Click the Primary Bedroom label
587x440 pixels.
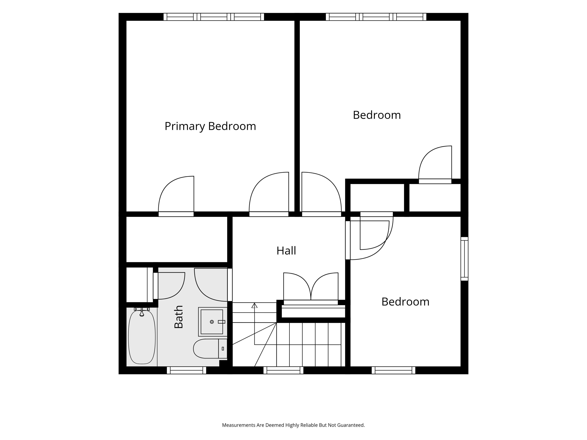210,126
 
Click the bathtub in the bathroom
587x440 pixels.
142,337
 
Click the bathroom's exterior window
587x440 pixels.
186,370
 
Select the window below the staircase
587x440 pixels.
283,370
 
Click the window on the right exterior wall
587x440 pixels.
464,259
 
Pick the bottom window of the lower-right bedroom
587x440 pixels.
393,370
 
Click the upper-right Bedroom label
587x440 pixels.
377,115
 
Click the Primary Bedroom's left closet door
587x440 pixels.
176,196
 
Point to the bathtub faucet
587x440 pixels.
142,312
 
